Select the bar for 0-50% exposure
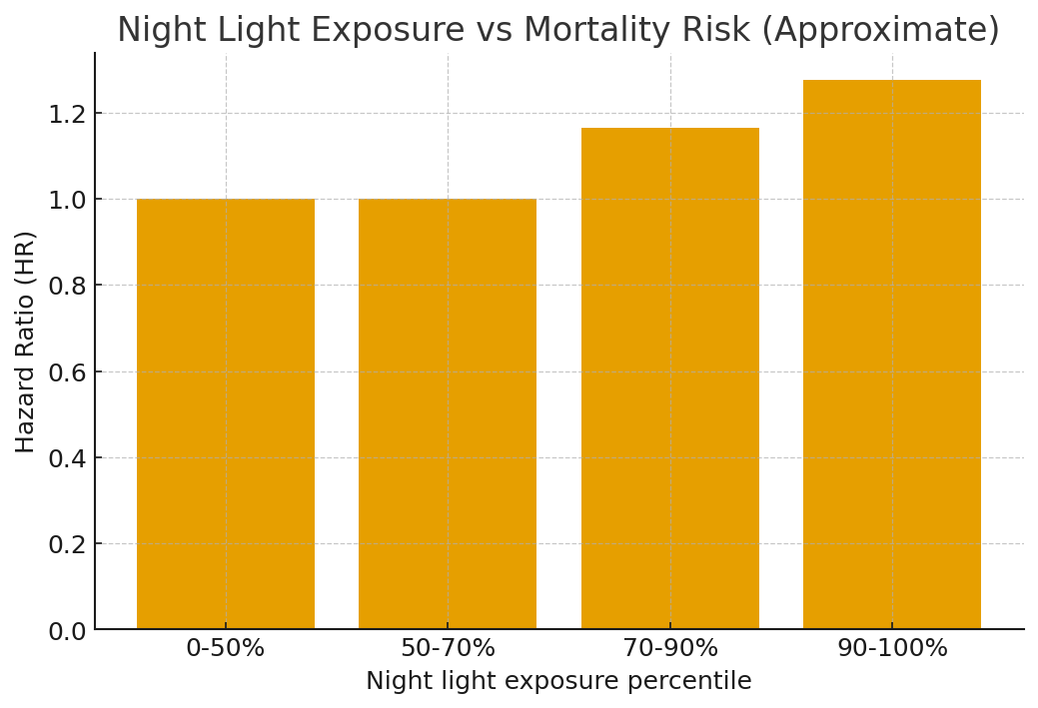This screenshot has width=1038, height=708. point(226,413)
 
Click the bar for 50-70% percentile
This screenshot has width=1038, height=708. point(448,413)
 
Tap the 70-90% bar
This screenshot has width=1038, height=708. point(669,378)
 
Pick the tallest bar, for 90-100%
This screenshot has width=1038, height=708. point(892,354)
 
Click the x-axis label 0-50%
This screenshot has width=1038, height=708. point(226,649)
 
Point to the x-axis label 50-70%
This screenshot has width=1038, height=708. point(448,649)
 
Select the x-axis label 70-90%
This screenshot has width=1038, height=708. point(669,649)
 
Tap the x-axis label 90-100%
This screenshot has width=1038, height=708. point(892,649)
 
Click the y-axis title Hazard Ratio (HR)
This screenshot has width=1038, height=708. point(26,342)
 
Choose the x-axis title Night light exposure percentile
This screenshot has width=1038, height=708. point(558,682)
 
